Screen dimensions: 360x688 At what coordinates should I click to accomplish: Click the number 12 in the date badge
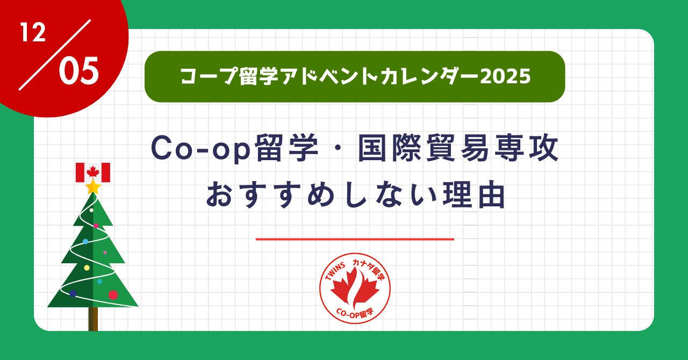point(33,34)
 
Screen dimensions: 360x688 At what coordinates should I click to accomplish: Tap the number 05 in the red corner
point(78,72)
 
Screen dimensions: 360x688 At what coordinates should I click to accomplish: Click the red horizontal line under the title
point(355,239)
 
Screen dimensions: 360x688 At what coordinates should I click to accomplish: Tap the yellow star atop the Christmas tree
point(93,187)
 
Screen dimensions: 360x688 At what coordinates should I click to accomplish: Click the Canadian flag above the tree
point(93,172)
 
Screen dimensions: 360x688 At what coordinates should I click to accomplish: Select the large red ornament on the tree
point(113,294)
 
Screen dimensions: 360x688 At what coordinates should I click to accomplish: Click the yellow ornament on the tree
point(87,268)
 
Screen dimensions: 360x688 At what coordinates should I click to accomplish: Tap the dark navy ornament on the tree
point(73,293)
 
